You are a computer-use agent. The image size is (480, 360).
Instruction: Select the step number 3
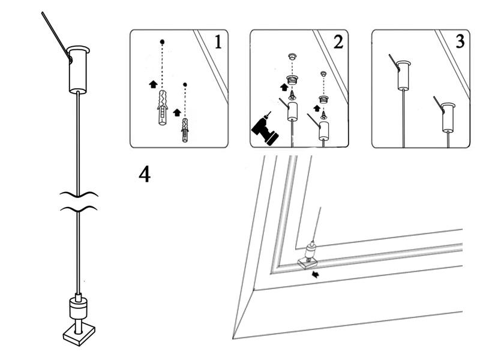pyautogui.click(x=459, y=43)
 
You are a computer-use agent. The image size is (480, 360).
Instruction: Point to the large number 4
pyautogui.click(x=145, y=174)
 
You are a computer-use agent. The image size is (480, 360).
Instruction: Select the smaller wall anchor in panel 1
pyautogui.click(x=185, y=129)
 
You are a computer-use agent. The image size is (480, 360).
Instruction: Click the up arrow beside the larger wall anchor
pyautogui.click(x=152, y=85)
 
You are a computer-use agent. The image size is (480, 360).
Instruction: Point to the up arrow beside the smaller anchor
pyautogui.click(x=177, y=112)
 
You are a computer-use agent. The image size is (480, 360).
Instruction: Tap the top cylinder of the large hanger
pyautogui.click(x=78, y=68)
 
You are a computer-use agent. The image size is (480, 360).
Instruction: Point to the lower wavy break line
pyautogui.click(x=79, y=209)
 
